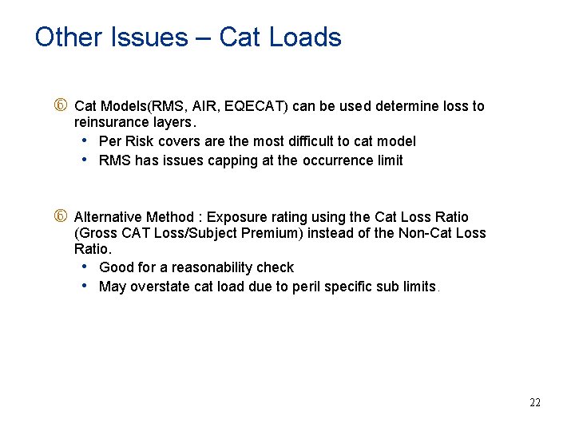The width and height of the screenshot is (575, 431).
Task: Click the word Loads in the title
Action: click(x=305, y=38)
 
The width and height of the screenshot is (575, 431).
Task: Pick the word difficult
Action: click(x=311, y=141)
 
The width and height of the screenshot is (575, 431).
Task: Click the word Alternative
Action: click(x=108, y=217)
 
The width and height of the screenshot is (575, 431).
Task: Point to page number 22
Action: click(x=535, y=402)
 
